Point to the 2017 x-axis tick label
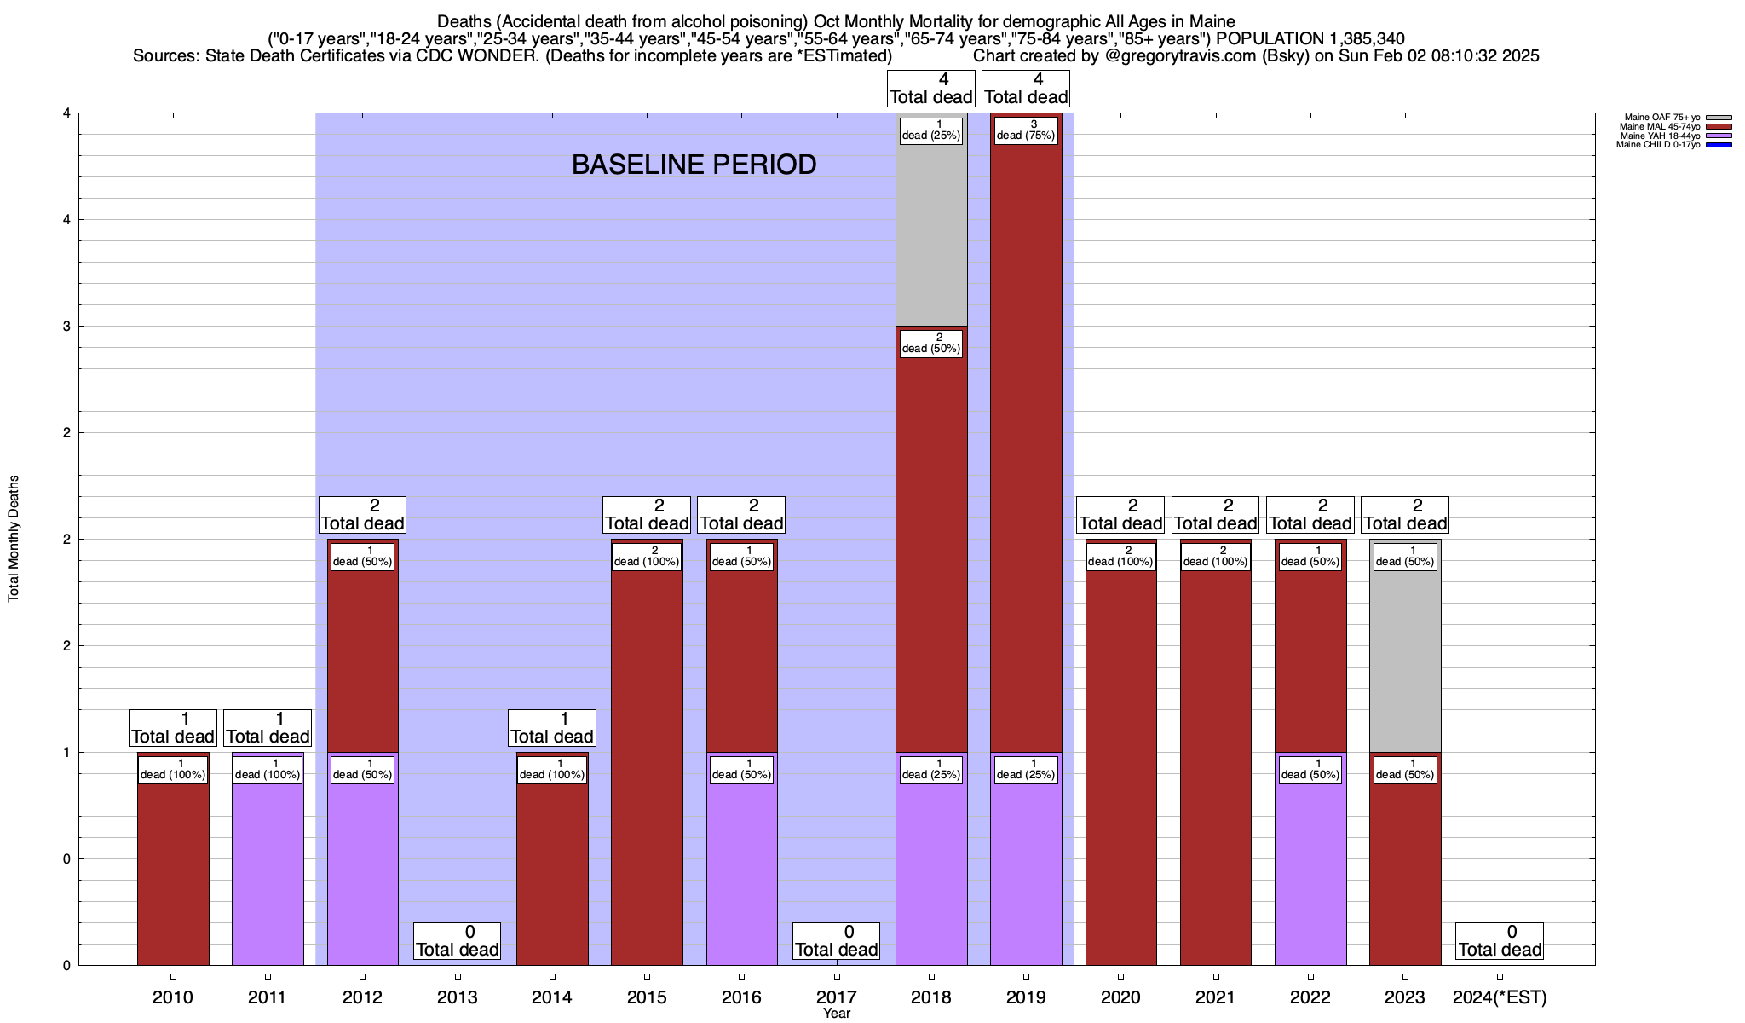(x=836, y=997)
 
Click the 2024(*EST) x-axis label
(x=1500, y=997)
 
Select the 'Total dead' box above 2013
(x=458, y=941)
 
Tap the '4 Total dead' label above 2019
(x=1026, y=89)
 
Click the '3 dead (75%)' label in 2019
(x=1026, y=130)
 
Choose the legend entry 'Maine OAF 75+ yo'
(x=1661, y=118)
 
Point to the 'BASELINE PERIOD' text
(x=694, y=165)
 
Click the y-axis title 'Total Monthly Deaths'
(x=14, y=539)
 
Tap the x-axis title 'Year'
(x=836, y=1014)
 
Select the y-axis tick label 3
(x=66, y=327)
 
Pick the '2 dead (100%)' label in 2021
(x=1215, y=556)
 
